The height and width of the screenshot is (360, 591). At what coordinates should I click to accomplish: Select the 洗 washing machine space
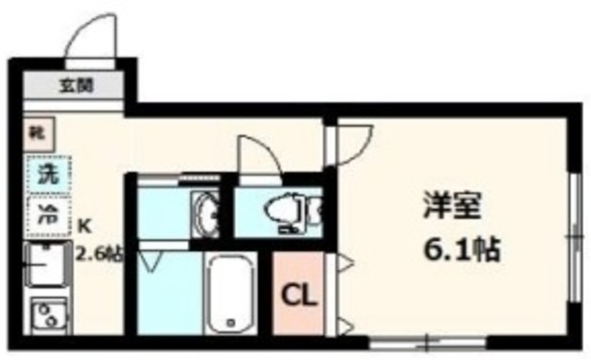41,173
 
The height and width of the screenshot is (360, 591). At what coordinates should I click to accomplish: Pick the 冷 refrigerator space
41,214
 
